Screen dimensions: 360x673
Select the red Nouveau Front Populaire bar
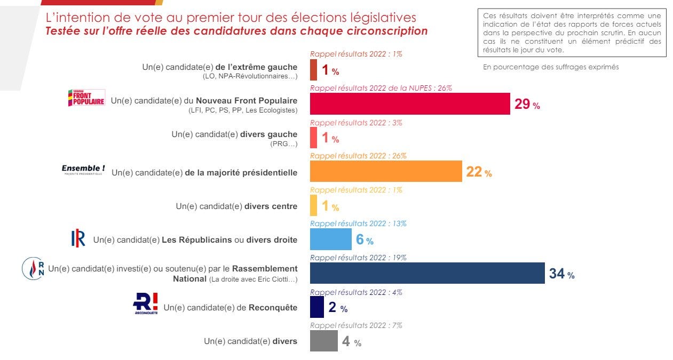410,103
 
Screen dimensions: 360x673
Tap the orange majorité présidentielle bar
386,171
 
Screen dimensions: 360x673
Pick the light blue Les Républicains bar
330,239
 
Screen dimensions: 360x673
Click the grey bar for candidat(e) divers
324,341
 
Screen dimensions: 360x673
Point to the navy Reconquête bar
317,307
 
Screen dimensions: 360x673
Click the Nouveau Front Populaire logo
86,99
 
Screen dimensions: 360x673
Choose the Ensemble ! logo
83,170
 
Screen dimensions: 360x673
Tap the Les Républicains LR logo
78,239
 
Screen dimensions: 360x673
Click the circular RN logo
33,268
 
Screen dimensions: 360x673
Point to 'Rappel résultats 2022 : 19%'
358,258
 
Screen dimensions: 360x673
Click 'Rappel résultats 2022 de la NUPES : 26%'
381,88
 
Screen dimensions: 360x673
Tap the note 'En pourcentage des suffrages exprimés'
551,67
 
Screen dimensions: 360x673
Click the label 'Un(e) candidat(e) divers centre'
236,206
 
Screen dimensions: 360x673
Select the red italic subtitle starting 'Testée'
237,31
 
